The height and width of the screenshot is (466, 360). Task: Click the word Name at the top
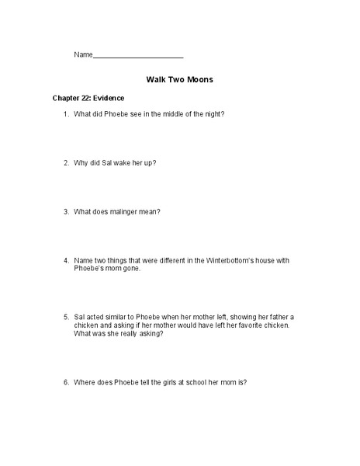pos(83,54)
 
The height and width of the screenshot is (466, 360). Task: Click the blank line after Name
pos(138,57)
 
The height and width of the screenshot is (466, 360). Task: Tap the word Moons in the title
pos(197,79)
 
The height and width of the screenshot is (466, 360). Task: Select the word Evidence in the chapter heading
pos(109,99)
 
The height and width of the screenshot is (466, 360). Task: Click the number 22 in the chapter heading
pos(83,99)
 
